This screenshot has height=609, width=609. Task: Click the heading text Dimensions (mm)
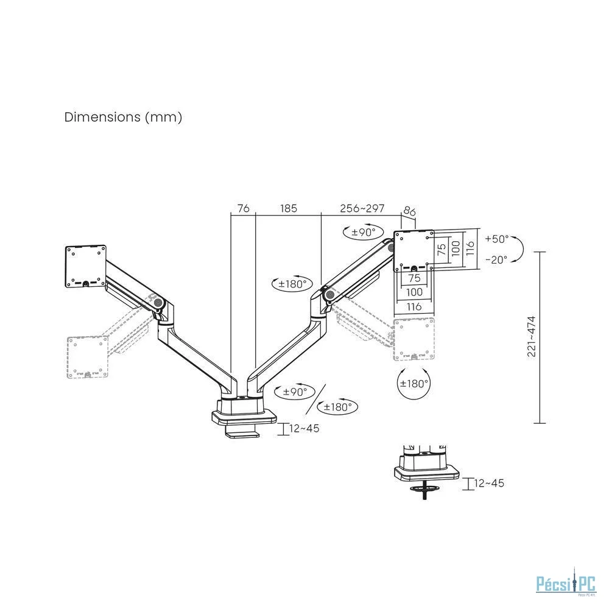[123, 117]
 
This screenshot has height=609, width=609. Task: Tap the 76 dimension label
[243, 208]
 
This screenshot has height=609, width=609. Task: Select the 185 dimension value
[289, 208]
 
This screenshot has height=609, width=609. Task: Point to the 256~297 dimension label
[362, 208]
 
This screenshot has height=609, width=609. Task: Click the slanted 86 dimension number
[409, 211]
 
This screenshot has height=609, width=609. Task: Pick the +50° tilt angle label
[497, 239]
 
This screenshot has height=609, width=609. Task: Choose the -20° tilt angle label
[496, 259]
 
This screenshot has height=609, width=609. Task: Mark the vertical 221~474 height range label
[531, 336]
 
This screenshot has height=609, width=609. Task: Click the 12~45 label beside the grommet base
[489, 483]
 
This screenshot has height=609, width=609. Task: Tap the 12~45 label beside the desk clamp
[304, 428]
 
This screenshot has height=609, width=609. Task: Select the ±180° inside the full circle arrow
[414, 384]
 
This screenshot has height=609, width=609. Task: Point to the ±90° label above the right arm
[364, 232]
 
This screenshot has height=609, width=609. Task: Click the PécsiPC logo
[566, 584]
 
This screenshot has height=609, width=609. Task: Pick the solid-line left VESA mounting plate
[85, 267]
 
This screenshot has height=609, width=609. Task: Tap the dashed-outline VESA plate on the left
[87, 357]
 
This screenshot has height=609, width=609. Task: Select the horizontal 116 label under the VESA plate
[414, 307]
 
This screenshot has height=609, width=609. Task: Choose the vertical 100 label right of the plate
[456, 248]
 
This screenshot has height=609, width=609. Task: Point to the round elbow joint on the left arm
[158, 302]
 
